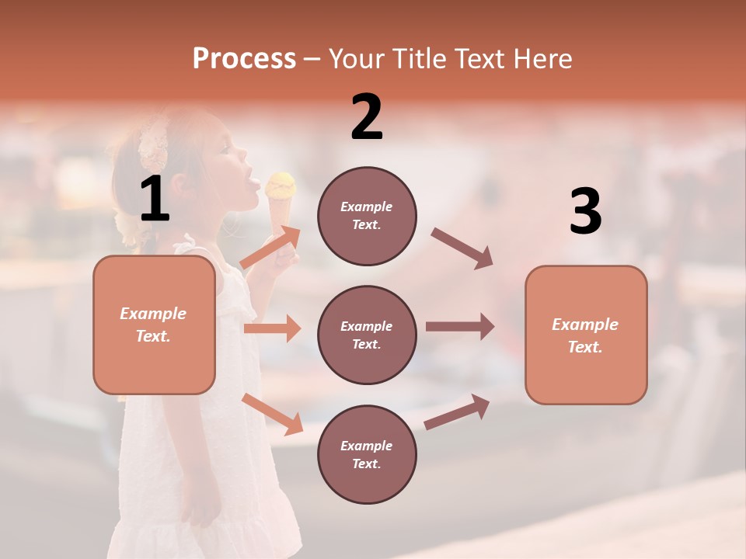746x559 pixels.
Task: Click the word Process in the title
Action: (x=244, y=58)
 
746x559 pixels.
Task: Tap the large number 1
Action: (x=155, y=200)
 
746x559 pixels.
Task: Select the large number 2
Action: (x=367, y=117)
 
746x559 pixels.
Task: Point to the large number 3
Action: (x=585, y=212)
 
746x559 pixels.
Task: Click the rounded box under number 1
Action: (x=154, y=325)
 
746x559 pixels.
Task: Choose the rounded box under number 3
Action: (x=586, y=335)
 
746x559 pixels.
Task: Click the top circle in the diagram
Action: (x=367, y=215)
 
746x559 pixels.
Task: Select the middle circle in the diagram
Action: (x=367, y=335)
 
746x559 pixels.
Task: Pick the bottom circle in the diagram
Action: (x=367, y=454)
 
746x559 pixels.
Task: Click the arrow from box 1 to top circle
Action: (x=270, y=248)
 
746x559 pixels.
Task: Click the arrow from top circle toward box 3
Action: (x=462, y=248)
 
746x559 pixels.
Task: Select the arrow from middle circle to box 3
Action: (x=460, y=327)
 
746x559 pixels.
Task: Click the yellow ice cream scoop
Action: (x=281, y=185)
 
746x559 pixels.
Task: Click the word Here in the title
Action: (x=541, y=58)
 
